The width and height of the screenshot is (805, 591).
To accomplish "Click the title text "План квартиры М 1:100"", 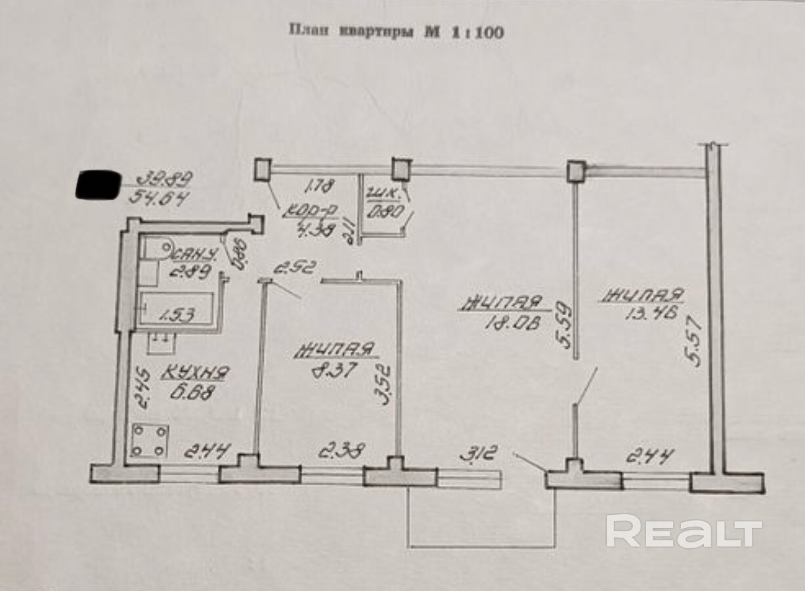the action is tap(397, 31).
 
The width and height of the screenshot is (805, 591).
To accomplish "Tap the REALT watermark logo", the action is tap(684, 531).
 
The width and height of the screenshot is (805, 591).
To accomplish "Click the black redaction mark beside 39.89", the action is tap(98, 185).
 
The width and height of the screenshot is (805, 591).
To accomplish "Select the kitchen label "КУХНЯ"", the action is tap(195, 374).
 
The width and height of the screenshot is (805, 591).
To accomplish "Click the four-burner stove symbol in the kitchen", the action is tap(149, 441).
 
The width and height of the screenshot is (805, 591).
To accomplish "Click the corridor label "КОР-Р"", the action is tap(311, 212).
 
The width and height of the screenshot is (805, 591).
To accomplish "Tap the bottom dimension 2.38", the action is tap(341, 452).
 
